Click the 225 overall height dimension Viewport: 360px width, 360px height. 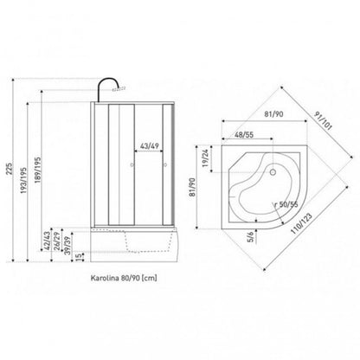tap(10, 169)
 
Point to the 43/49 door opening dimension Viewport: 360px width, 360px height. tap(150, 146)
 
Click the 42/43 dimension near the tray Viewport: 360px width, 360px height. tap(47, 241)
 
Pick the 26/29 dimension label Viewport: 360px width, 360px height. tap(57, 241)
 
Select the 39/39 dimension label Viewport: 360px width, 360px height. tap(67, 245)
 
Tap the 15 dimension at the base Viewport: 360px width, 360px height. tap(78, 257)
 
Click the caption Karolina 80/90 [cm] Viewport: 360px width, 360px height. tap(124, 278)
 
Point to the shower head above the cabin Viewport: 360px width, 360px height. tap(119, 88)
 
